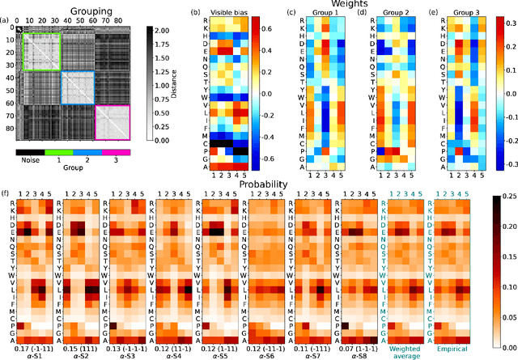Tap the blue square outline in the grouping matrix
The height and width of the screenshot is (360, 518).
[78, 87]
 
